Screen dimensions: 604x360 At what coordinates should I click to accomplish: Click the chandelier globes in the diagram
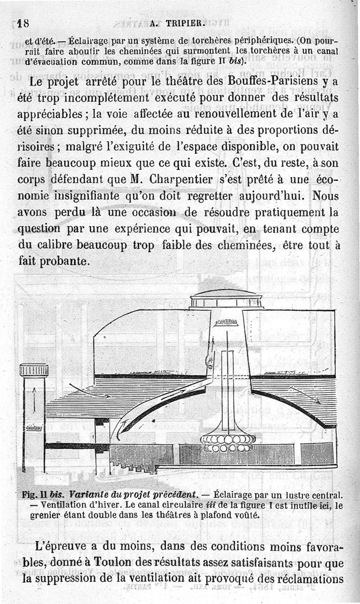click(228, 443)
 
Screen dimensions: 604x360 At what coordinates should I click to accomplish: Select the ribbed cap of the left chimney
click(34, 370)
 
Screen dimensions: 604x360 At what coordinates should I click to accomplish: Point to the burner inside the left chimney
click(34, 428)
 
